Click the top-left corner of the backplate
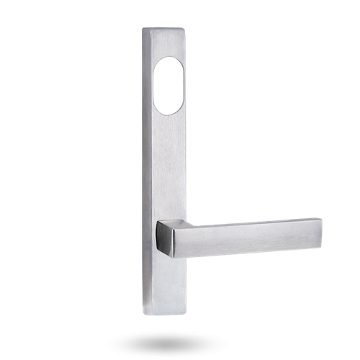click(x=143, y=30)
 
